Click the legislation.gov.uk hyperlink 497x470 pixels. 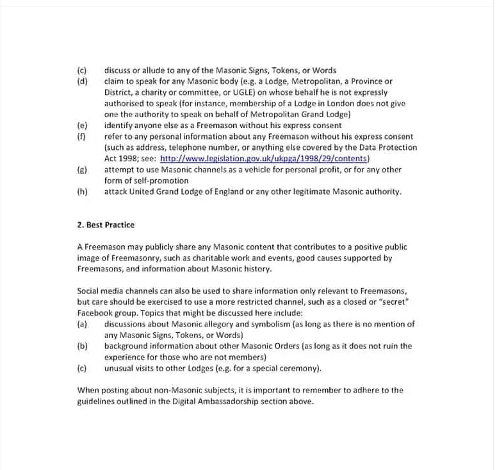pyautogui.click(x=265, y=159)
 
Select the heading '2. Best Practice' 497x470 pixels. pyautogui.click(x=106, y=225)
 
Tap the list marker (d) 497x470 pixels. pyautogui.click(x=82, y=81)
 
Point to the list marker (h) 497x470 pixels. pyautogui.click(x=82, y=191)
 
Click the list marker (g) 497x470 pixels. pyautogui.click(x=82, y=170)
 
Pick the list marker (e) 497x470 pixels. pyautogui.click(x=82, y=126)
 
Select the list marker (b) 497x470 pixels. pyautogui.click(x=82, y=346)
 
